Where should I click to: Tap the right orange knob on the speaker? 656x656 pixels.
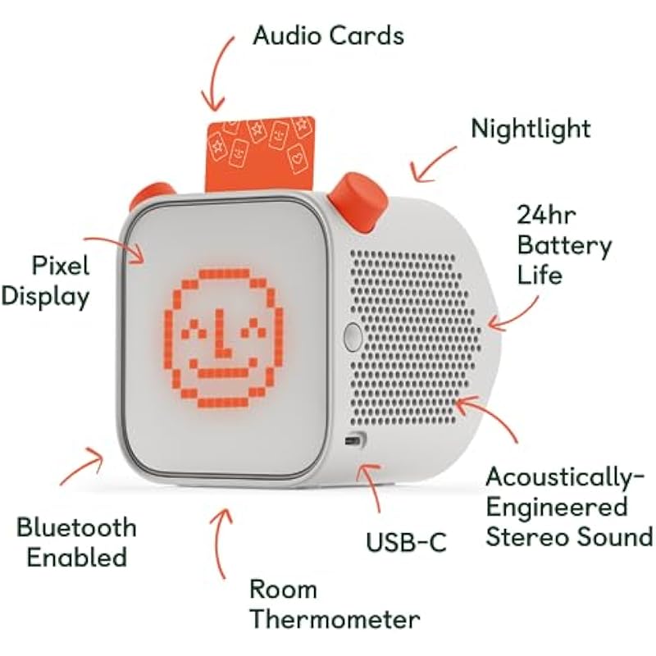pos(358,202)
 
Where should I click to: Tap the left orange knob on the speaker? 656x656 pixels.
pos(152,196)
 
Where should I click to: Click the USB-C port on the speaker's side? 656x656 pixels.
pos(355,440)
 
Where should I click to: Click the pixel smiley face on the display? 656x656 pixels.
pos(223,339)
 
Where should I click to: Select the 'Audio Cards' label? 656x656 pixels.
pos(329,35)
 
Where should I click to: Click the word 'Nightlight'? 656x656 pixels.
pos(531,129)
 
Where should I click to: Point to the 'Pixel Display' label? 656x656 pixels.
pos(46,282)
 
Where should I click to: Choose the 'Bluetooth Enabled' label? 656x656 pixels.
pos(76,542)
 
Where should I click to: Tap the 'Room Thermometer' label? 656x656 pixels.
pos(335,604)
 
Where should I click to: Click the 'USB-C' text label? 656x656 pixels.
pos(406,542)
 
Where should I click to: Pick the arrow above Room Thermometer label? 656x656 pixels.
pos(221,544)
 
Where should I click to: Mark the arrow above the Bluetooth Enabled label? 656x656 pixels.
pos(82,466)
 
